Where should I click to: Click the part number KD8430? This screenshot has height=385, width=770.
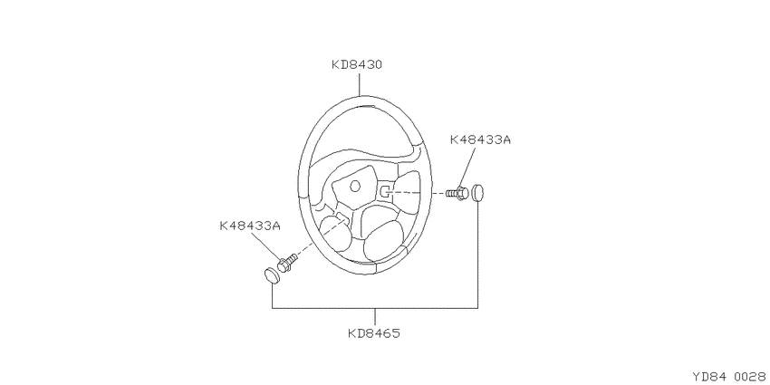pyautogui.click(x=357, y=64)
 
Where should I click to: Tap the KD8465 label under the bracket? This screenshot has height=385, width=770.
pyautogui.click(x=374, y=333)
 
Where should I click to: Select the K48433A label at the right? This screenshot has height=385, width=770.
pyautogui.click(x=480, y=140)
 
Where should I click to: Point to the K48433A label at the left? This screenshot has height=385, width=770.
pyautogui.click(x=249, y=226)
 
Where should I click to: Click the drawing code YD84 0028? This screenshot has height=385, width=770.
pyautogui.click(x=730, y=377)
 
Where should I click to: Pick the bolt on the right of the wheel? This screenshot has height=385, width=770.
pyautogui.click(x=457, y=194)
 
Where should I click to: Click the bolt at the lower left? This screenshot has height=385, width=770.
pyautogui.click(x=288, y=262)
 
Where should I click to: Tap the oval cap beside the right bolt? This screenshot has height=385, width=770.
pyautogui.click(x=477, y=193)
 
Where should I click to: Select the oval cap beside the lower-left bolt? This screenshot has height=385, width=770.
pyautogui.click(x=272, y=275)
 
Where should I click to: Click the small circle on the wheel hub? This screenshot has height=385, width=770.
pyautogui.click(x=354, y=186)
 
